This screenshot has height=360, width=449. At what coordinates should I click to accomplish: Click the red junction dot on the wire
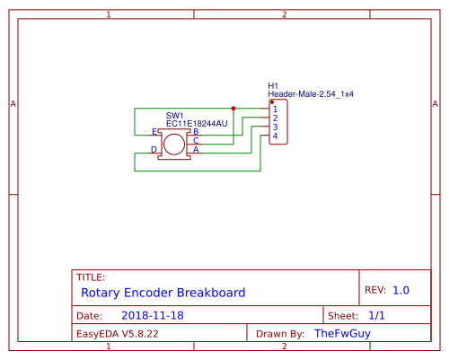(233, 109)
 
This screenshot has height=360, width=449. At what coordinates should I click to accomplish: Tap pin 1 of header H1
(275, 110)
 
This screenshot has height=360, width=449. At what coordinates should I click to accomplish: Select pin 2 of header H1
(275, 119)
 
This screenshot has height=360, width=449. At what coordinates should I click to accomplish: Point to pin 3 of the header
(275, 127)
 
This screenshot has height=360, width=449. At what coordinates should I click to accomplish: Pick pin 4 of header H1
(275, 136)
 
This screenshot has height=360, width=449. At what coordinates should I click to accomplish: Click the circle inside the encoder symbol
(174, 145)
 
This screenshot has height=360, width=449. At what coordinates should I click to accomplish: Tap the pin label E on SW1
(154, 132)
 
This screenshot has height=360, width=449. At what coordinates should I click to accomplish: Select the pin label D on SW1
(154, 149)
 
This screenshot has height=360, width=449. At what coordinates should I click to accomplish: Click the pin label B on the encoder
(196, 132)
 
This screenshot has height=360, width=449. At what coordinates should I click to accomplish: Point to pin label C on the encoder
(196, 140)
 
